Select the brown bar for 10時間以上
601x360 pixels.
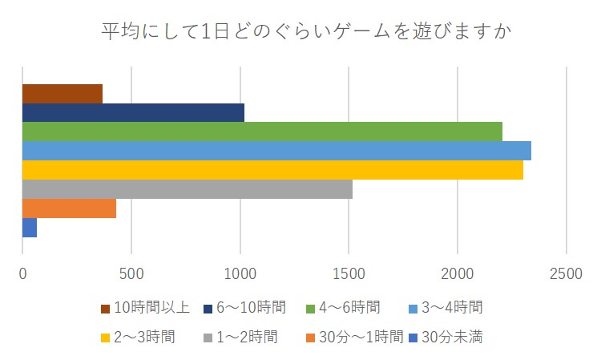click(63, 94)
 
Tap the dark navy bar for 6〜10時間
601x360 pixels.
click(133, 112)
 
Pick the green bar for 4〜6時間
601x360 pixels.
click(262, 131)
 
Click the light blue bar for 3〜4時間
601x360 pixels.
click(276, 151)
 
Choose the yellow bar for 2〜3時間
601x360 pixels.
click(272, 170)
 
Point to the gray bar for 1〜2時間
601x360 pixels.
click(187, 189)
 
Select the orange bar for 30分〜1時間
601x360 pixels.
click(69, 208)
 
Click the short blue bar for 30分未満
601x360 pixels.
click(30, 228)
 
